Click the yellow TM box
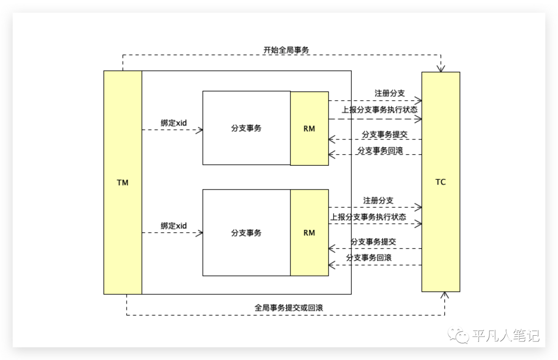(122, 182)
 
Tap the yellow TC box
(441, 182)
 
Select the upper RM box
(309, 128)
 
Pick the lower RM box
(309, 232)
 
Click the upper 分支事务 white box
(246, 128)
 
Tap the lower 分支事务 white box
(246, 232)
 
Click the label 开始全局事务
(286, 50)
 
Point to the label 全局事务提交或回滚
(289, 307)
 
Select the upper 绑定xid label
(174, 123)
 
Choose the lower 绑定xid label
(174, 226)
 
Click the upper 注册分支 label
(390, 93)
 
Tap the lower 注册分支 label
(378, 200)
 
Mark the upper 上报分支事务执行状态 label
(380, 109)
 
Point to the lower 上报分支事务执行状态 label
(368, 217)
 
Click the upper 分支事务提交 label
(384, 134)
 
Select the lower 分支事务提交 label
(373, 242)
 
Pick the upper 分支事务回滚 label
(380, 151)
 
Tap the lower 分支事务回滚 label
(369, 258)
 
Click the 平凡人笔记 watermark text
(506, 336)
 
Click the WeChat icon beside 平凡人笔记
(458, 336)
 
